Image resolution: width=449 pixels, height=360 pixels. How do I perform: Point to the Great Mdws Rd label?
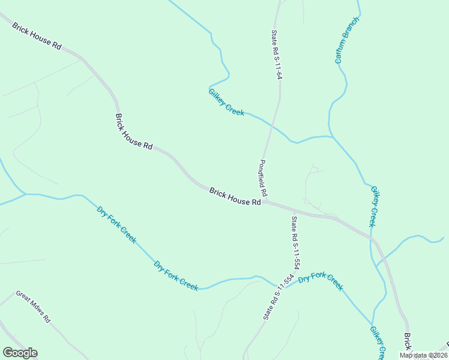click(33, 307)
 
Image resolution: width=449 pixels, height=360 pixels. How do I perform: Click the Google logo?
click(20, 353)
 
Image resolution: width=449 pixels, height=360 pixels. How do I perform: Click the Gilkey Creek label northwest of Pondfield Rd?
click(226, 101)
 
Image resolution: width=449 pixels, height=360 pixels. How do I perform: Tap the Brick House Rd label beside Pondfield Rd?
click(235, 196)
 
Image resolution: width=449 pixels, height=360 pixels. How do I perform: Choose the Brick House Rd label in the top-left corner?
click(36, 37)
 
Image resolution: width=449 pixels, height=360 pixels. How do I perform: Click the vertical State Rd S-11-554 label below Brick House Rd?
click(295, 242)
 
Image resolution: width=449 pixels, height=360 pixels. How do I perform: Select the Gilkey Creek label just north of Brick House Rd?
click(373, 206)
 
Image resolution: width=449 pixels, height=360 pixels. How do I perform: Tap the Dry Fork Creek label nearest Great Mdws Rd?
click(176, 275)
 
